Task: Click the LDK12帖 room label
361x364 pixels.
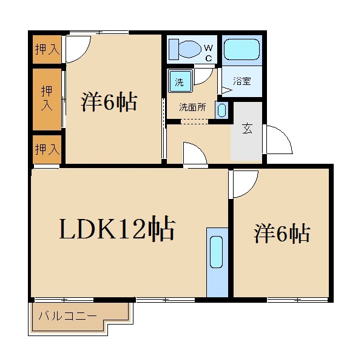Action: click(x=116, y=229)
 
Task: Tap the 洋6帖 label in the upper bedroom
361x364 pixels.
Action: click(x=109, y=102)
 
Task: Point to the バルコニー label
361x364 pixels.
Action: click(x=68, y=315)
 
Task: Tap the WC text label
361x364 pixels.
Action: click(x=208, y=53)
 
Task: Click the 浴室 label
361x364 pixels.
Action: click(x=242, y=81)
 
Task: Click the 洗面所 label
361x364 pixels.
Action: click(x=192, y=107)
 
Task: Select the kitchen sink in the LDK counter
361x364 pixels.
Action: click(x=217, y=252)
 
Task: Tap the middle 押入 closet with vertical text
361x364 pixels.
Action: click(x=47, y=98)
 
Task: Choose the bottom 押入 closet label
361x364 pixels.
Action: click(x=47, y=149)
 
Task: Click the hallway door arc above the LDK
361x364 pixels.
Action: click(x=195, y=153)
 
